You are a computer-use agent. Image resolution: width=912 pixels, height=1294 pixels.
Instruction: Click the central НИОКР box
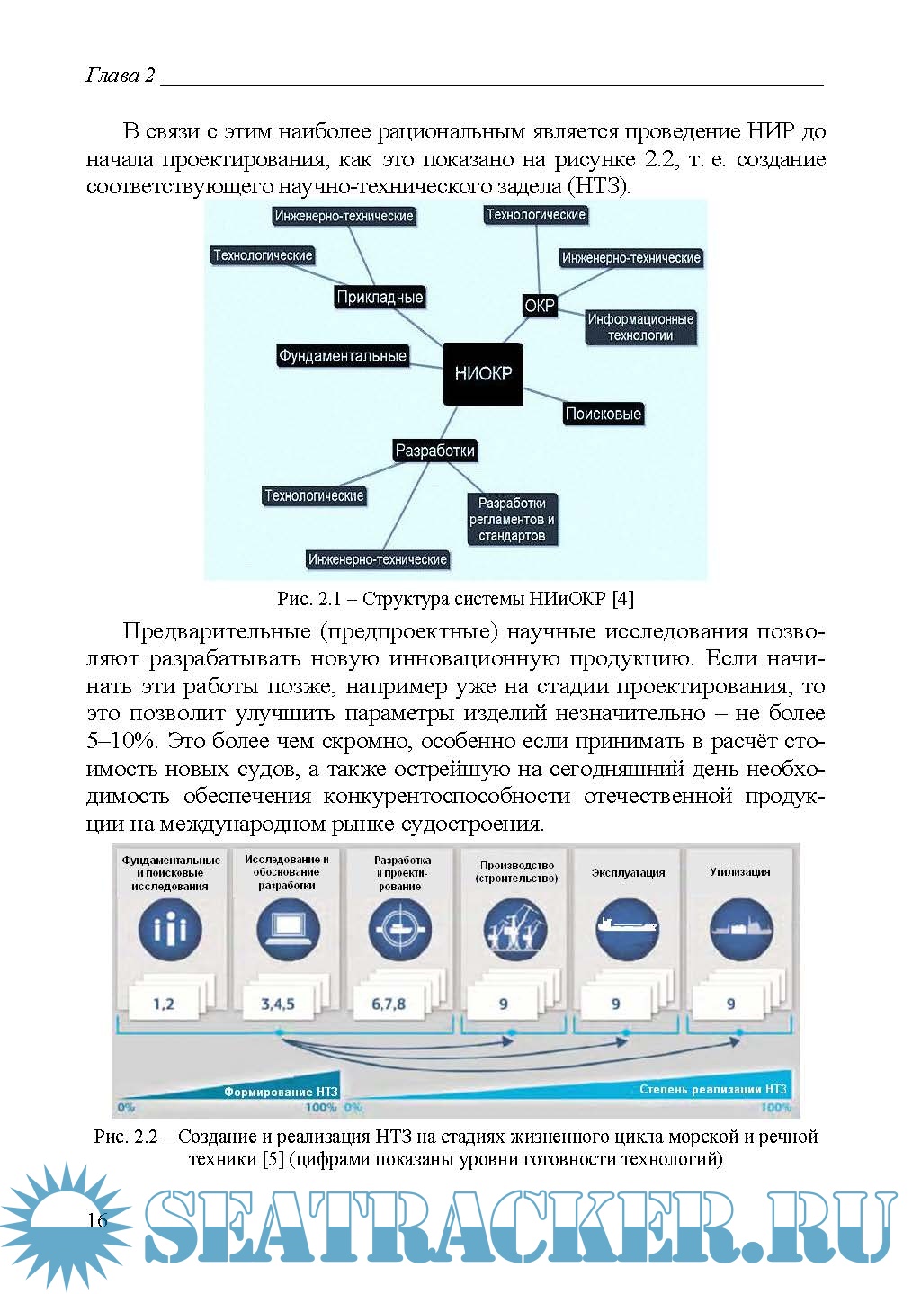(x=483, y=374)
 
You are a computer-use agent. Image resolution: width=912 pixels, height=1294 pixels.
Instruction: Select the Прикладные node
(x=379, y=298)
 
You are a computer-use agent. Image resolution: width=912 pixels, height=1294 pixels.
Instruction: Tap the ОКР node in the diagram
(x=540, y=306)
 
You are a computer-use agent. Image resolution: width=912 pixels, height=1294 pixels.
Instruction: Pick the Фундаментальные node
(x=342, y=356)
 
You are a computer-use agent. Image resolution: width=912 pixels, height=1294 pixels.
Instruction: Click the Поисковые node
(x=603, y=414)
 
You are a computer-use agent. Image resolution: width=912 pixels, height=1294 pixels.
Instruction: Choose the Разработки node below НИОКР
(x=435, y=451)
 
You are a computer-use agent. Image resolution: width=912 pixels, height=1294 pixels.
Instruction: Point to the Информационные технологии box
(x=640, y=327)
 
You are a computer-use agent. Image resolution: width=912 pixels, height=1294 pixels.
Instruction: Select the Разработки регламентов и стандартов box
(x=512, y=520)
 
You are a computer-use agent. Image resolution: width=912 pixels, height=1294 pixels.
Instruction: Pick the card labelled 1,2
(x=164, y=1004)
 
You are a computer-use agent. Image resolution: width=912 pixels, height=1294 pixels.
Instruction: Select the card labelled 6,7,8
(x=389, y=1004)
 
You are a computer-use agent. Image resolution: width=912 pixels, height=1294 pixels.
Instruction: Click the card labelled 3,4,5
(x=277, y=1004)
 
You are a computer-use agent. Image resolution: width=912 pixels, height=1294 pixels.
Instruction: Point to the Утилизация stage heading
(x=740, y=871)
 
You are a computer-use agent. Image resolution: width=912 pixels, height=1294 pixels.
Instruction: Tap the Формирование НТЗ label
(x=281, y=1093)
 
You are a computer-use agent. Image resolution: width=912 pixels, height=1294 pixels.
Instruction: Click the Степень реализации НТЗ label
(x=712, y=1089)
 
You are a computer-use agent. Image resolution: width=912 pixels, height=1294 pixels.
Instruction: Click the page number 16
(x=97, y=1220)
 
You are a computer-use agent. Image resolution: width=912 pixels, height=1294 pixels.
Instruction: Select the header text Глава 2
(x=120, y=75)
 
